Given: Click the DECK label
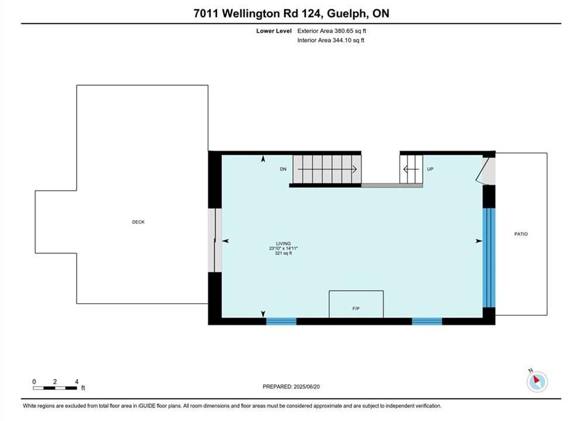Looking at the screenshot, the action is (x=138, y=222).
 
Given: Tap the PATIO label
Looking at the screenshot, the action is (x=521, y=234).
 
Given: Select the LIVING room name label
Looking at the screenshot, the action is (x=283, y=244).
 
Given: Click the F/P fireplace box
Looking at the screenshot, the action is (x=356, y=304).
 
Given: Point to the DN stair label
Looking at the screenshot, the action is (x=283, y=169).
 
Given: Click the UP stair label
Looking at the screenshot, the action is (x=430, y=169).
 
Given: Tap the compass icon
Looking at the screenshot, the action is (x=537, y=381).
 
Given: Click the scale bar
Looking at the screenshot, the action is (x=55, y=388).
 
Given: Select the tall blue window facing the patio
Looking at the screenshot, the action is (x=489, y=258).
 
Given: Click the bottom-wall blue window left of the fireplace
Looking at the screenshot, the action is (x=281, y=321).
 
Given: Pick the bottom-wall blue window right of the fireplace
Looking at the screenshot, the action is (x=427, y=321).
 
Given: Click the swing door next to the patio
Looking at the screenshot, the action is (x=485, y=171).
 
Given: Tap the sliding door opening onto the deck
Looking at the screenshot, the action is (x=215, y=240).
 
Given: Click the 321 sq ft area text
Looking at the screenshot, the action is (x=283, y=253).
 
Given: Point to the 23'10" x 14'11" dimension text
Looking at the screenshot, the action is (x=284, y=249).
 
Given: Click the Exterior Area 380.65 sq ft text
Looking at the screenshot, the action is (x=332, y=31).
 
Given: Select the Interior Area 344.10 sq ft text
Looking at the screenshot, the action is (x=330, y=40).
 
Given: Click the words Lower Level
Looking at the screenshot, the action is (x=274, y=31).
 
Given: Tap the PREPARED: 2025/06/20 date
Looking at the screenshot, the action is (x=291, y=387).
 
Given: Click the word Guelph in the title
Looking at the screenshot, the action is (x=347, y=13).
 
